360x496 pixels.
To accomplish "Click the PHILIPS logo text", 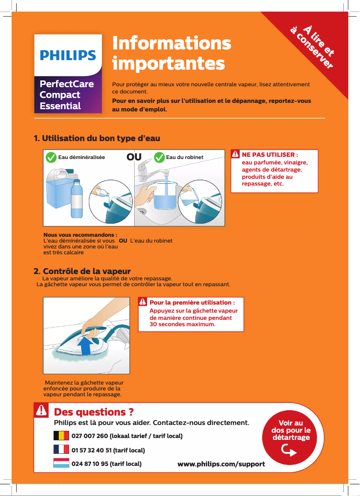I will coord(68,56).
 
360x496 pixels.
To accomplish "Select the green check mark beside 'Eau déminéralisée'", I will coord(51,157).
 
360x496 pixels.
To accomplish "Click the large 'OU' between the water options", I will coord(134,157).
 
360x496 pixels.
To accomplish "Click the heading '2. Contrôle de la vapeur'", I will coord(82,271).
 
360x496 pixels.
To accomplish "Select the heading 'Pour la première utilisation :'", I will coord(192,302).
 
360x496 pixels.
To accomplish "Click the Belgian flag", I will coord(61,436).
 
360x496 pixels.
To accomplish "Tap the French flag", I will coord(61,450).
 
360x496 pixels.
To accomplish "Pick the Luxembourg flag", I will coord(61,463).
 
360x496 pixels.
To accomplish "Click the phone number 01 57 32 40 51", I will coord(108,450).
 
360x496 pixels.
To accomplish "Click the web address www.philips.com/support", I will coord(221,464).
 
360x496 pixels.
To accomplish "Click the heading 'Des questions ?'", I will coord(93,412).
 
